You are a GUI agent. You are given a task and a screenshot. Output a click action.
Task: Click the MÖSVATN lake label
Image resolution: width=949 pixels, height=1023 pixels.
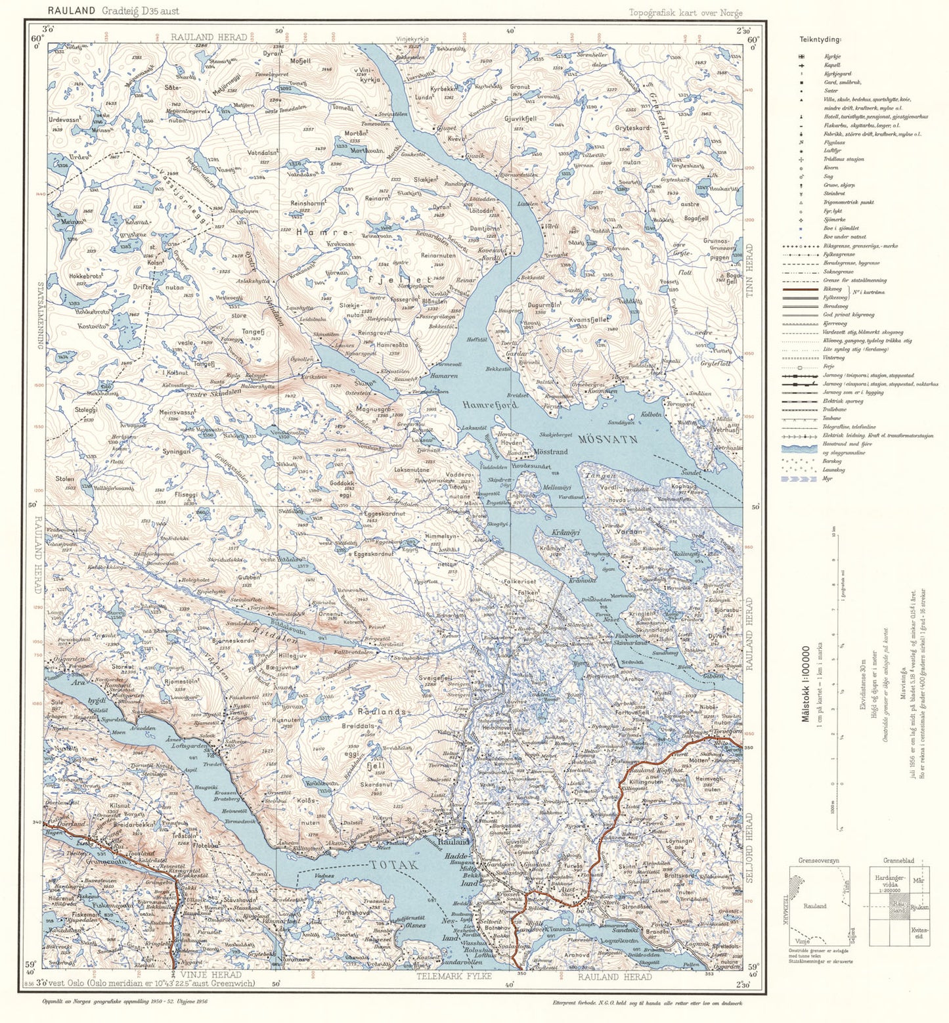click(609, 439)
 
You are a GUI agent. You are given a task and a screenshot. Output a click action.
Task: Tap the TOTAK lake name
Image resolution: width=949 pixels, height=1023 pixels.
click(394, 865)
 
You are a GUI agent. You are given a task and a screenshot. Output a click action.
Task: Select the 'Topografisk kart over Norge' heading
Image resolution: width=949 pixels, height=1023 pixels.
click(686, 12)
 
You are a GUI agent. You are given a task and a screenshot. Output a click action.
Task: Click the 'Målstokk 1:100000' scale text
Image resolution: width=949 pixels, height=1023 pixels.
click(806, 683)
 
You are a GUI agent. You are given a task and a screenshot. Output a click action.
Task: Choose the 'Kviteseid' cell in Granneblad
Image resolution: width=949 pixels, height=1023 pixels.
click(920, 932)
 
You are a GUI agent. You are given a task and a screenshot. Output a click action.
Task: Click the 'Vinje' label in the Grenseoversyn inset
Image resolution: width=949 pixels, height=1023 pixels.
click(802, 941)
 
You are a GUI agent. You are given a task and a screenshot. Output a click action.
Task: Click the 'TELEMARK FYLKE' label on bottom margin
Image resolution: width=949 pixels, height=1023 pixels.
click(454, 976)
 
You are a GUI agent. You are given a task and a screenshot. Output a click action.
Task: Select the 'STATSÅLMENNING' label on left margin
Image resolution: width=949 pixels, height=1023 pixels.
click(39, 315)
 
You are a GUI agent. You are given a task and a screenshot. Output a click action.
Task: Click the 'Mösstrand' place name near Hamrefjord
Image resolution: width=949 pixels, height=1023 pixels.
click(550, 452)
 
